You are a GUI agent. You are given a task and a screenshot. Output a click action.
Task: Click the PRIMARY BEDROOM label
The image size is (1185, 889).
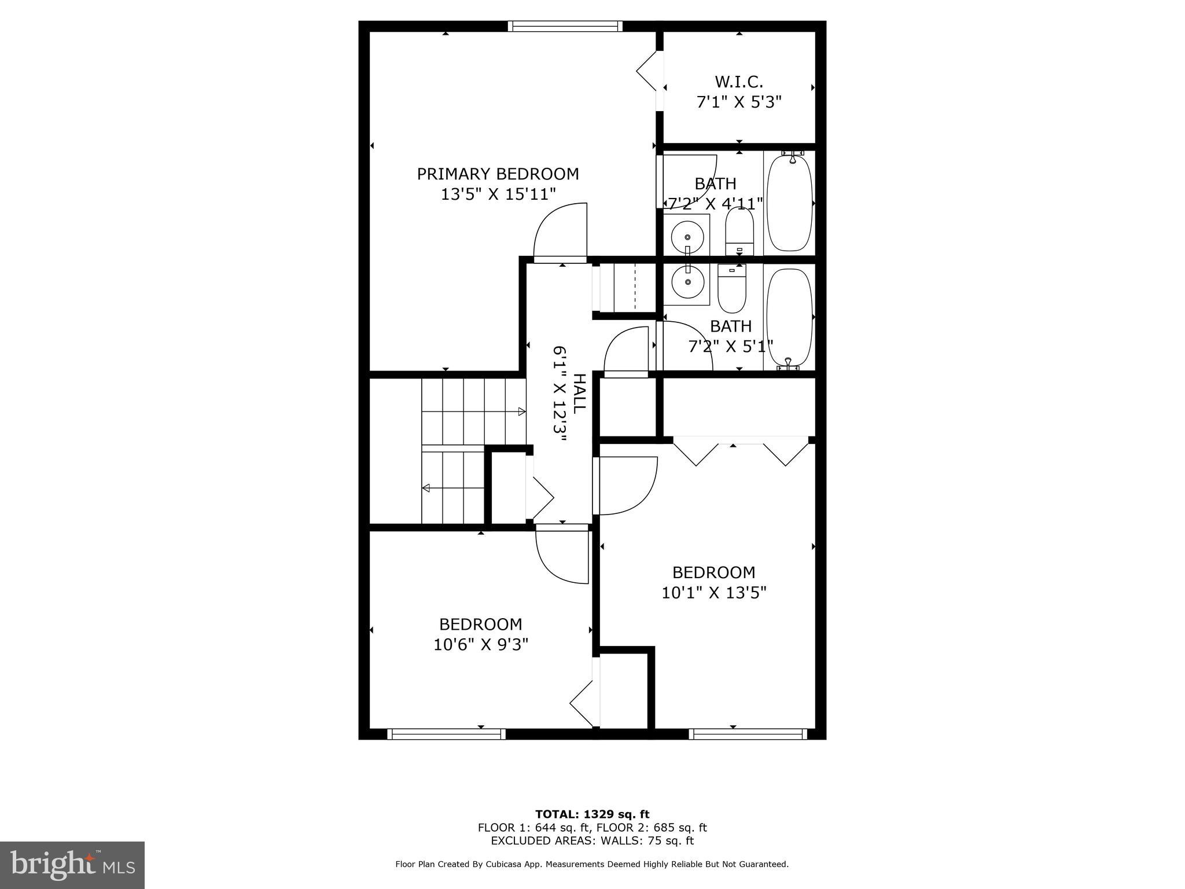pyautogui.click(x=498, y=174)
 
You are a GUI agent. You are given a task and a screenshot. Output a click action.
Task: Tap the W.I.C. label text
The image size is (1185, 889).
pyautogui.click(x=739, y=82)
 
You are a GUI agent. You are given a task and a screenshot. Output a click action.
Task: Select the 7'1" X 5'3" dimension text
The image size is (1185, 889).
pyautogui.click(x=739, y=102)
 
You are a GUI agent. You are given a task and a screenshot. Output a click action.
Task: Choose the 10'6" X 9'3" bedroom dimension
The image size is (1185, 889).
pyautogui.click(x=481, y=644)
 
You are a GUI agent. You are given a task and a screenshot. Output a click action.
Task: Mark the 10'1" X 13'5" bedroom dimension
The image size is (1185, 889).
pyautogui.click(x=714, y=592)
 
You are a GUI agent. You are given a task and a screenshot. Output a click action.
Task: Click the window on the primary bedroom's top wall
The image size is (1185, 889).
pyautogui.click(x=565, y=26)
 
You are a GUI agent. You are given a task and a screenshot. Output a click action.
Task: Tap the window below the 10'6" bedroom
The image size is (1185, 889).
pyautogui.click(x=446, y=734)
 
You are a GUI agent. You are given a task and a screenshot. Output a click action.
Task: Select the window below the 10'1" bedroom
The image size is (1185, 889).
pyautogui.click(x=748, y=734)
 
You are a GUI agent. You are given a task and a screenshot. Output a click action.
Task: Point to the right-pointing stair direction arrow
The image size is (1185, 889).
pyautogui.click(x=521, y=412)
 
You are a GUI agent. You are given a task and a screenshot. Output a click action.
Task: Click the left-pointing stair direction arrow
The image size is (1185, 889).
pyautogui.click(x=426, y=488)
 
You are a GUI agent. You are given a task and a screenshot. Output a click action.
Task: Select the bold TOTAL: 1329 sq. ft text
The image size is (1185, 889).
pyautogui.click(x=592, y=814)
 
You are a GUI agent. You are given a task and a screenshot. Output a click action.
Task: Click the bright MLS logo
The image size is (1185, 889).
pyautogui.click(x=72, y=864)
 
